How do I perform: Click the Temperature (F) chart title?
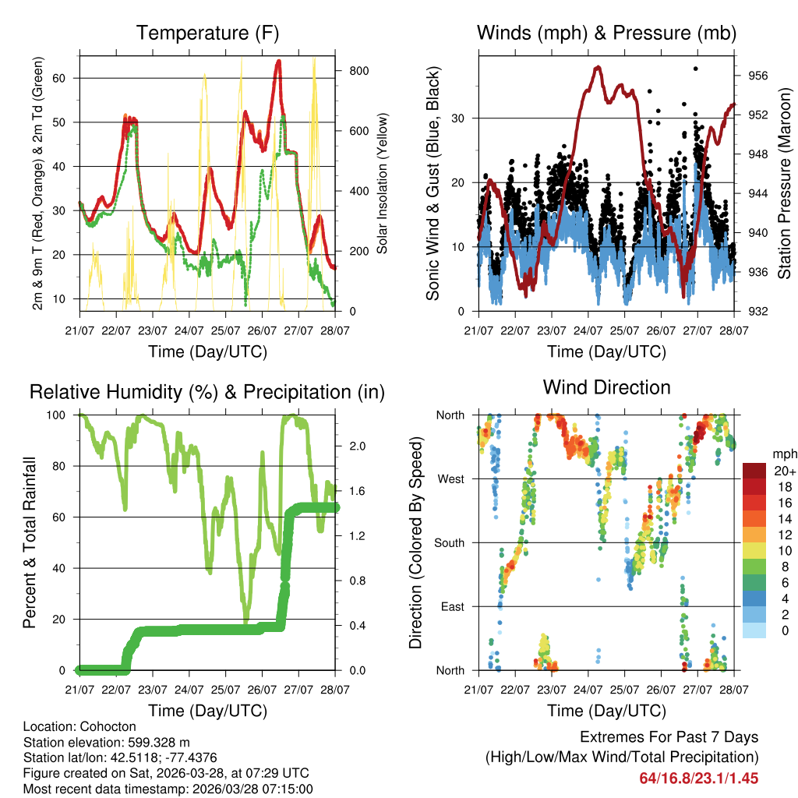[x=207, y=33]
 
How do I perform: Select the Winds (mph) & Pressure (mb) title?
[x=607, y=33]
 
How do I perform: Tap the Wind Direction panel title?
[x=607, y=387]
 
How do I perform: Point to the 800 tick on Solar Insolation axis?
[x=358, y=70]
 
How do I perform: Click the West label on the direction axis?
[x=451, y=478]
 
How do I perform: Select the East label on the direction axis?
[x=453, y=606]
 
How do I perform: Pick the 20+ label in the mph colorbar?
[x=783, y=471]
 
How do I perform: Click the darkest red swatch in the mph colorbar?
[x=754, y=471]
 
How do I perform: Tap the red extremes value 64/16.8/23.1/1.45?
[x=699, y=778]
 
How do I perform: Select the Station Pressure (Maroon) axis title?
[x=784, y=182]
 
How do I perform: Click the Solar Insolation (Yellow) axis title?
[x=382, y=184]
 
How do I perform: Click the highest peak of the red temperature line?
[x=278, y=61]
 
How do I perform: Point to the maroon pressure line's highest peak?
[x=598, y=67]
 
